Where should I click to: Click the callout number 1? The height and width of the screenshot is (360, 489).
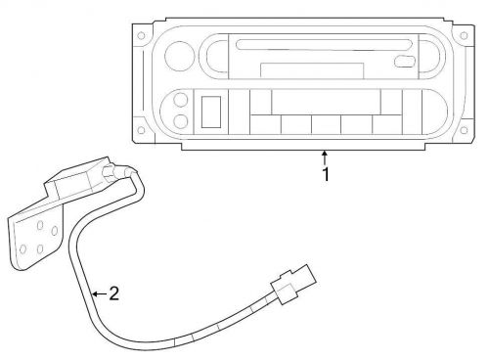327,177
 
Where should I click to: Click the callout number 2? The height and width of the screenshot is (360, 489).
113,292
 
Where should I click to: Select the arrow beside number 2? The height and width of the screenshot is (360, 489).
98,292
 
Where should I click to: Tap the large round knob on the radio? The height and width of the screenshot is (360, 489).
180,54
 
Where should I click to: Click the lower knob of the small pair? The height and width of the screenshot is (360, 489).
181,122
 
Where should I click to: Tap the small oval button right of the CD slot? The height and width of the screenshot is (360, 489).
403,62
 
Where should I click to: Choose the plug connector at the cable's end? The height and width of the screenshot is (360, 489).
290,284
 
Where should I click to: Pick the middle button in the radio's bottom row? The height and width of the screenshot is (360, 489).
326,124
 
